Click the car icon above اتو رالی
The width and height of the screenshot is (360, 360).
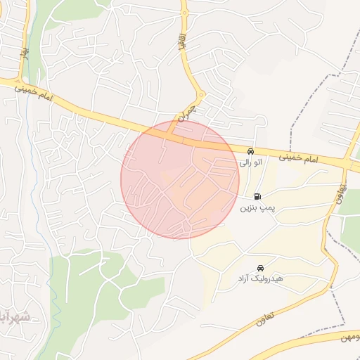pyautogui.click(x=250, y=152)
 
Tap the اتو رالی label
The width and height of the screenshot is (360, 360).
pyautogui.click(x=250, y=162)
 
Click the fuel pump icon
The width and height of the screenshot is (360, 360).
pyautogui.click(x=258, y=197)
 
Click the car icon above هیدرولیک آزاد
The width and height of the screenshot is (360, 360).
pyautogui.click(x=262, y=268)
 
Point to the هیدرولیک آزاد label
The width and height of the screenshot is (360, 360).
pyautogui.click(x=260, y=278)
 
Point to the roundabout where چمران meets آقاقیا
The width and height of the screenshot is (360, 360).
pyautogui.click(x=201, y=95)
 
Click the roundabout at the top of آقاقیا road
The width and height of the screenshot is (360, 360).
pyautogui.click(x=184, y=12)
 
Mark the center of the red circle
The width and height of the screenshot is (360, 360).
pyautogui.click(x=180, y=180)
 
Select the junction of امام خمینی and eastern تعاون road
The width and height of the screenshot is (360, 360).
pyautogui.click(x=347, y=165)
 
